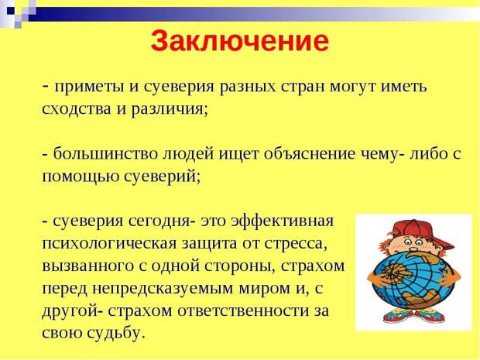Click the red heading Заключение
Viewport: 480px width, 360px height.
click(x=240, y=41)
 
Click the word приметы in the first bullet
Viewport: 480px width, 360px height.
click(x=89, y=87)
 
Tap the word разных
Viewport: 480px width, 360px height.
click(x=248, y=87)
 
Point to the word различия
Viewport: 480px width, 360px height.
click(x=170, y=109)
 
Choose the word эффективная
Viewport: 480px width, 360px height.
click(x=282, y=221)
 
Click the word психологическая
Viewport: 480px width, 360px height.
click(x=109, y=244)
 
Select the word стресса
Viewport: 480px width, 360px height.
click(x=296, y=244)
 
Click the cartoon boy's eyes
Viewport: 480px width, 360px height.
click(x=411, y=242)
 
